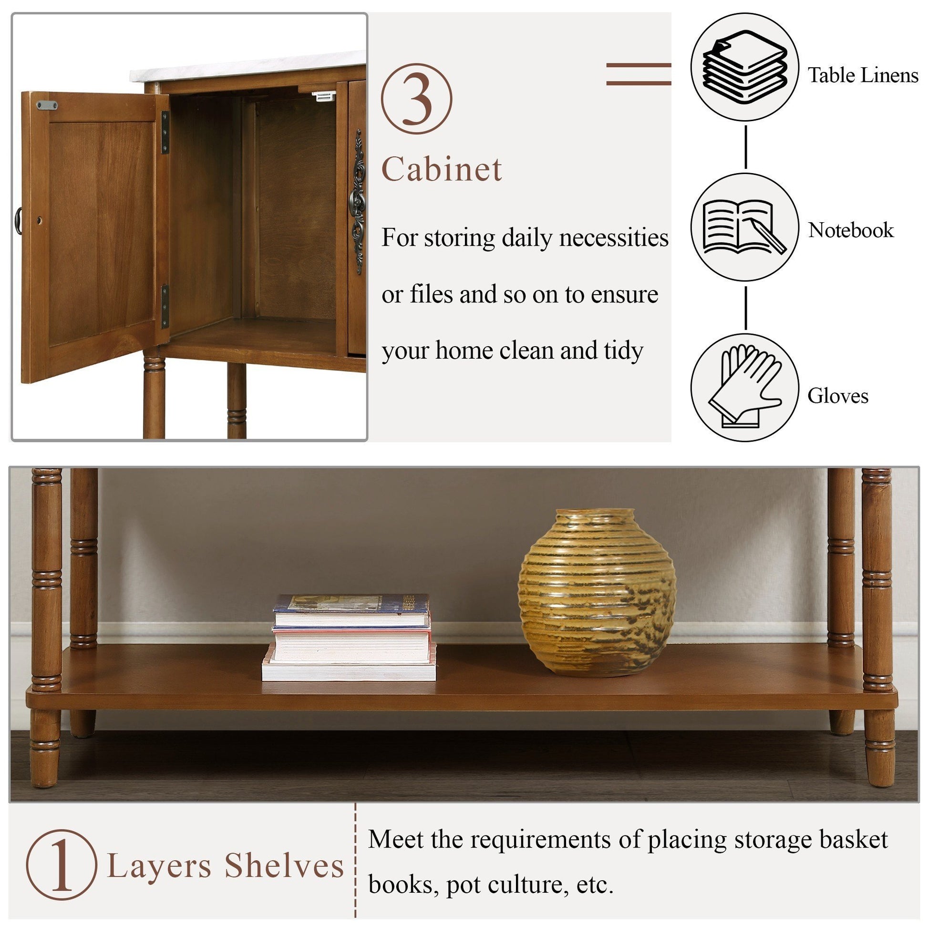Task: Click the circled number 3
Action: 416,99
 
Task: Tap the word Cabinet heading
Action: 442,169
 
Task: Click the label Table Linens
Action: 863,75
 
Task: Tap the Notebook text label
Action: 851,230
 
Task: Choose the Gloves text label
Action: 838,396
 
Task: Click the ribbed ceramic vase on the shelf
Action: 597,593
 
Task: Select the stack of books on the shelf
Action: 350,638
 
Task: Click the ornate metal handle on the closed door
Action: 358,202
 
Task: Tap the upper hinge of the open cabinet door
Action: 165,132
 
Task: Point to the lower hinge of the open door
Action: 165,307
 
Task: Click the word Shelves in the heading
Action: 284,866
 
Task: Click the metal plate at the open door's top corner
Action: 47,105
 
